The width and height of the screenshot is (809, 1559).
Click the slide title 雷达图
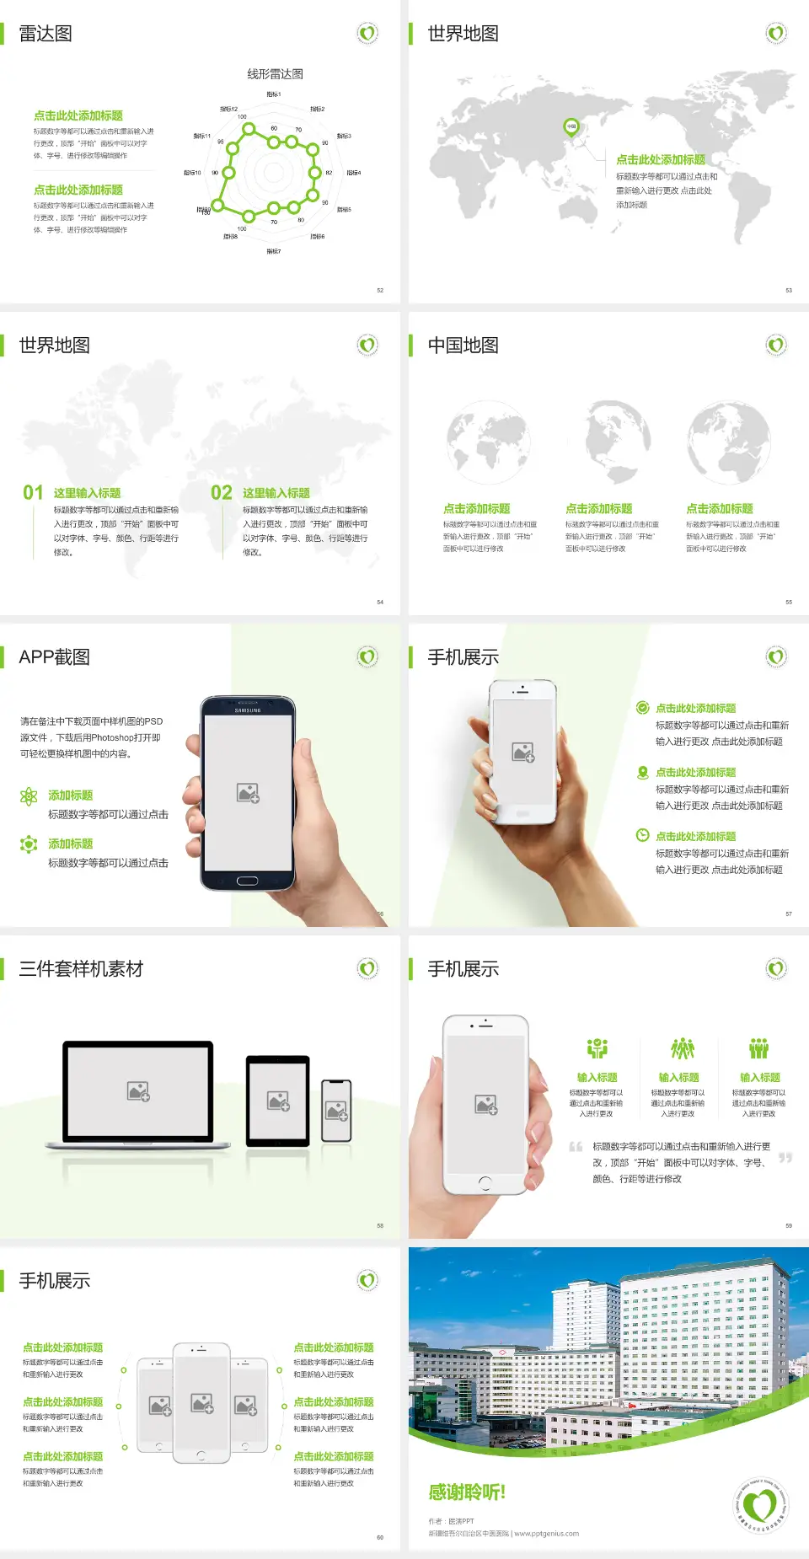(46, 34)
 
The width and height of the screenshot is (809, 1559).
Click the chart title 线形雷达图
(275, 74)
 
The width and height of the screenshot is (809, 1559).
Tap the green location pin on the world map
(571, 127)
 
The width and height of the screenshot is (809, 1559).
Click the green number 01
(33, 493)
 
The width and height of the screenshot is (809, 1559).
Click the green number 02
(222, 493)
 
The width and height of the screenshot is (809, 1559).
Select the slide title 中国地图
(463, 346)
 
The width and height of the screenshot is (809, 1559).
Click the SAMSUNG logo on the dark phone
(248, 710)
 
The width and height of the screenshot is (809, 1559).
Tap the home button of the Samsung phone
(247, 881)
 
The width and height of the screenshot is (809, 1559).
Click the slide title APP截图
(55, 657)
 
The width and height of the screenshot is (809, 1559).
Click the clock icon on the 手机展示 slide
(642, 835)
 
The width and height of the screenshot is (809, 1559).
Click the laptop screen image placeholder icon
(138, 1091)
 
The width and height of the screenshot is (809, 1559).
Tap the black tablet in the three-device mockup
(278, 1100)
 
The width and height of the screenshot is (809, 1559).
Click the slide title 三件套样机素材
(81, 969)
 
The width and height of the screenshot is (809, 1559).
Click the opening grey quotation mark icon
(576, 1147)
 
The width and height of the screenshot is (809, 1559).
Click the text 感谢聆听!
(467, 1492)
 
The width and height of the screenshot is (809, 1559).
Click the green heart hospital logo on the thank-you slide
(762, 1505)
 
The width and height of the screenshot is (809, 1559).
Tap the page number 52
(380, 290)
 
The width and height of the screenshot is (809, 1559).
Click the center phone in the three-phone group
(201, 1402)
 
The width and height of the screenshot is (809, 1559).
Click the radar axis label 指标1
(273, 94)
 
